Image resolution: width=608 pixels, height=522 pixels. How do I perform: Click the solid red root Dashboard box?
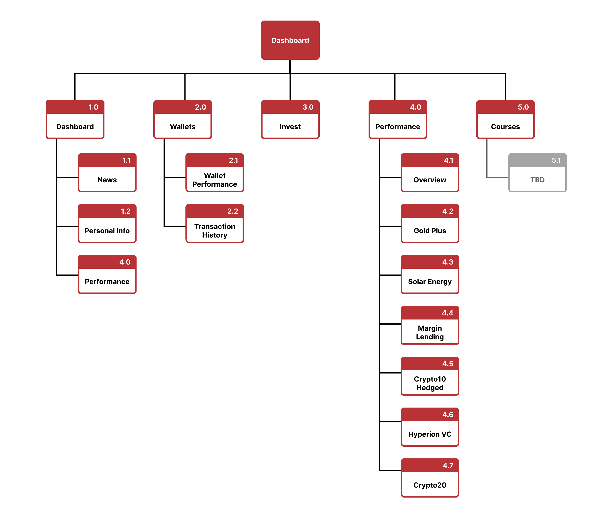290,40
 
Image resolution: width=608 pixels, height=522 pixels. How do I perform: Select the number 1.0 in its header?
93,107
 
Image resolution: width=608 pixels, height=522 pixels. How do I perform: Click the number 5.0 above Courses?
523,107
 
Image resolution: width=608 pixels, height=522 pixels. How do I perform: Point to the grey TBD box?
537,180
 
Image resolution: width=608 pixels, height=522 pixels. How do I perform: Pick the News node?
107,180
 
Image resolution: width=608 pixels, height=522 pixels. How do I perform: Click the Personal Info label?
107,231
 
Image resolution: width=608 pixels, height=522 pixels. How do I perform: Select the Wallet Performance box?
214,180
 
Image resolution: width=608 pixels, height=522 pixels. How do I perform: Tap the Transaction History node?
214,231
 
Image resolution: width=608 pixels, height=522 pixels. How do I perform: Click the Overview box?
430,180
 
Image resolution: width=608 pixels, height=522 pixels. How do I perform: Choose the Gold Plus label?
430,231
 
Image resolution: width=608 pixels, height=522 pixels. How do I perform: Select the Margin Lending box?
430,332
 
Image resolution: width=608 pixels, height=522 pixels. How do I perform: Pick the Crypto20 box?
430,485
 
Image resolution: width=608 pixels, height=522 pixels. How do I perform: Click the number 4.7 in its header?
448,465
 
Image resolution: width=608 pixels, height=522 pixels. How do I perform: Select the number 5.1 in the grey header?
556,160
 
